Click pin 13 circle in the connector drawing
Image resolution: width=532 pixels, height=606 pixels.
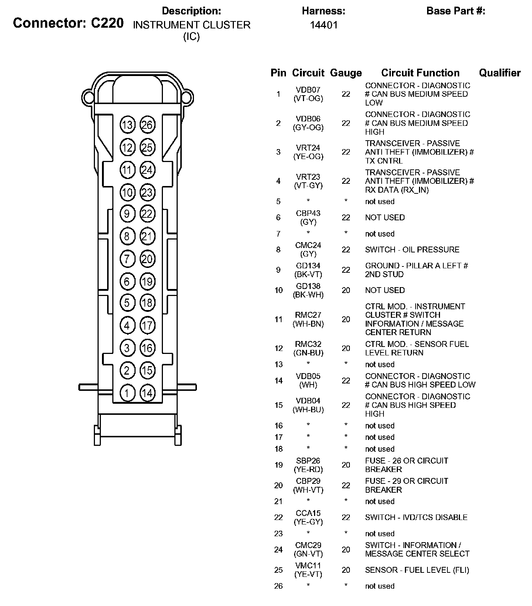coord(127,125)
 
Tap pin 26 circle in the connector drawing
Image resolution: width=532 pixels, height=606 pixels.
coord(147,125)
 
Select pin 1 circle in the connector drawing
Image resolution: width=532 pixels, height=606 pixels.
coord(127,393)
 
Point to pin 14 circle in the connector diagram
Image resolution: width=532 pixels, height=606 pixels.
coord(147,393)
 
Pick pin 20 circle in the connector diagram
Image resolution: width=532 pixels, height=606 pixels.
coord(147,259)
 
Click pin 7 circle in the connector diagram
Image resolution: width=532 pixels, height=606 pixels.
coord(127,259)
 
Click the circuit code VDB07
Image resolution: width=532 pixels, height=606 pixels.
coord(308,90)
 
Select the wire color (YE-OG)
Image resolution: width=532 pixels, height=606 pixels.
coord(308,156)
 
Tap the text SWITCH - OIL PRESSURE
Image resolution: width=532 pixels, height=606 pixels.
coord(412,249)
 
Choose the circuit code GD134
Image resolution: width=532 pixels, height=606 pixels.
coord(308,266)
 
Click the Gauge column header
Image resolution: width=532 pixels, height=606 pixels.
coord(346,73)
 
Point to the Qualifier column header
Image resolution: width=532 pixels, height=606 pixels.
coord(500,73)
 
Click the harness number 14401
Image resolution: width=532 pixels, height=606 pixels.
coord(324,25)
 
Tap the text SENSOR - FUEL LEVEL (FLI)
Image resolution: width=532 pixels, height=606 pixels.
coord(417,570)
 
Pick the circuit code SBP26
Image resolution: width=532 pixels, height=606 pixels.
coord(308,461)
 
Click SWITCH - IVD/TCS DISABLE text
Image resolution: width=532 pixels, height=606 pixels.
coord(416,517)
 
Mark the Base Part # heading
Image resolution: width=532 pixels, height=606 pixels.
coord(456,11)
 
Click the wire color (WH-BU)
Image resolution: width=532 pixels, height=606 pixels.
coord(308,410)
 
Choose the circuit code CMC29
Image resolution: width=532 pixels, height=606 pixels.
coord(308,545)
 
